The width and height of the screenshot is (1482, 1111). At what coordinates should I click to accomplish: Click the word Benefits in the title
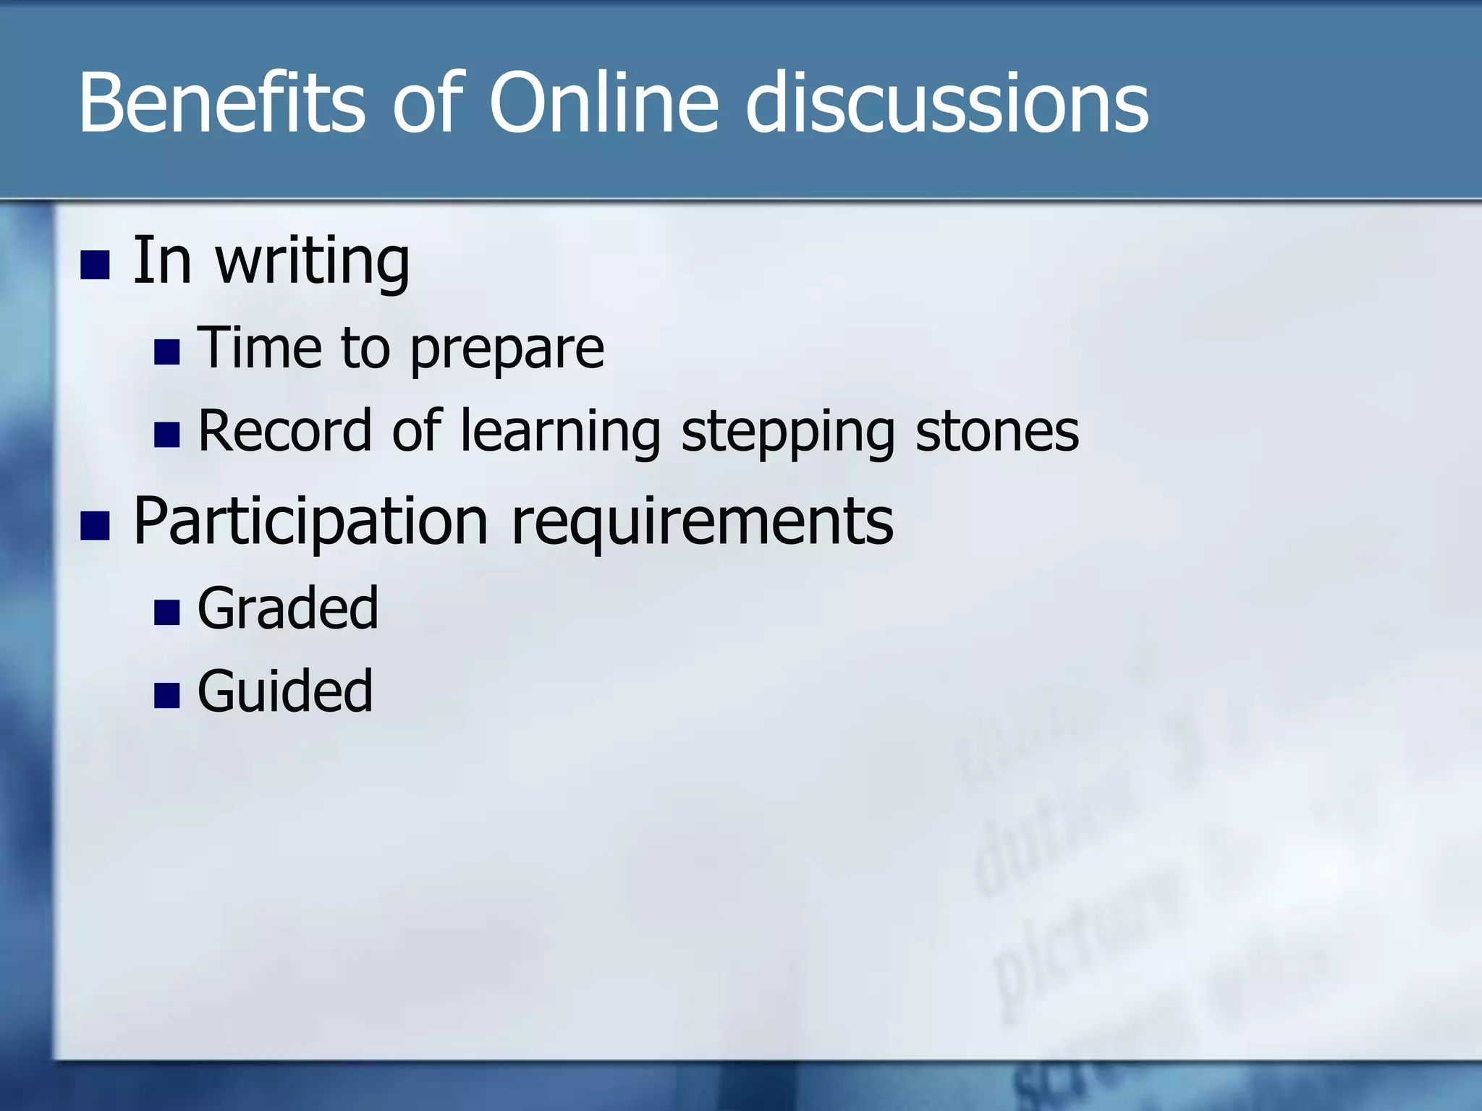[x=221, y=103]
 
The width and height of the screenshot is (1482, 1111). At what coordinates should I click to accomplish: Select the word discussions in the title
[x=947, y=103]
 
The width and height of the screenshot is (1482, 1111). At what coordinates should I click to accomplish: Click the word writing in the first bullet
[x=313, y=262]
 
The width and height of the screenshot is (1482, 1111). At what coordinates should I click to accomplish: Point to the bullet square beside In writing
[x=95, y=265]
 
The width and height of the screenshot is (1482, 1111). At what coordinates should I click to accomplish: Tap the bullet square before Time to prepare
[x=167, y=352]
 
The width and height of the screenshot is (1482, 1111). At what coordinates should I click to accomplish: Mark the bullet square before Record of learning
[x=167, y=435]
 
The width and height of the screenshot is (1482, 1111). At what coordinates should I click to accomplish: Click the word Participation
[x=311, y=522]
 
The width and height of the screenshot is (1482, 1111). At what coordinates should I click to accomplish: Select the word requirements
[x=702, y=522]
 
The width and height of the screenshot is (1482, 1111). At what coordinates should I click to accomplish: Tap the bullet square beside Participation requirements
[x=95, y=526]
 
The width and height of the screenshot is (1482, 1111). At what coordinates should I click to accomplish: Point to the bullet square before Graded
[x=167, y=613]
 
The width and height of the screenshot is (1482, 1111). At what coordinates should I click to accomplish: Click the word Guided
[x=285, y=691]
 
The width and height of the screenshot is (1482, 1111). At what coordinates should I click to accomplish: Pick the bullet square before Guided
[x=167, y=695]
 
